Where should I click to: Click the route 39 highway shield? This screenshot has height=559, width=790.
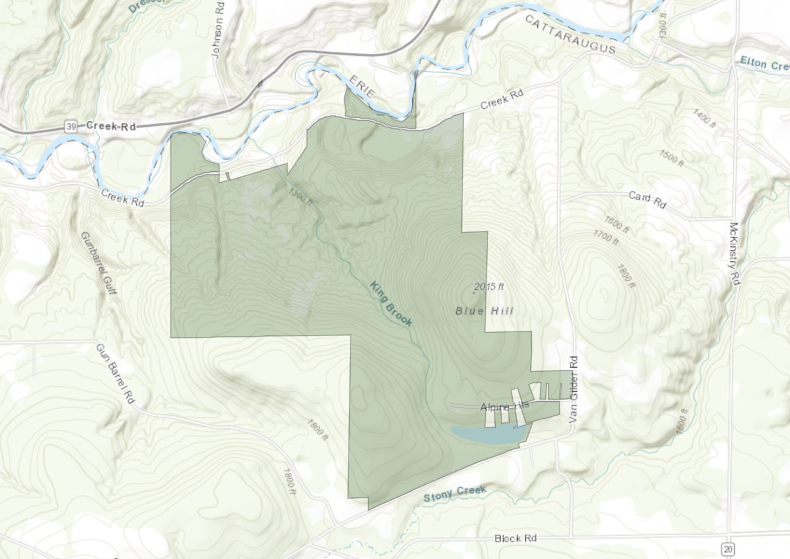click(71, 126)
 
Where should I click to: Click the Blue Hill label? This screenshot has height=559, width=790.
click(484, 311)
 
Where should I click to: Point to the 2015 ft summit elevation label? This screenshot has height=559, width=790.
click(489, 286)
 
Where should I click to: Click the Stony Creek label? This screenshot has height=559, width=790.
click(455, 493)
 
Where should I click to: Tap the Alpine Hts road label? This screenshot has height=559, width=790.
click(505, 406)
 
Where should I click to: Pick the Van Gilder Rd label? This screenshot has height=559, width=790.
click(574, 390)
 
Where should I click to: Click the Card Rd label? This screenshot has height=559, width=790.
click(647, 199)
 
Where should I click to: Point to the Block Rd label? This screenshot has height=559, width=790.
click(515, 538)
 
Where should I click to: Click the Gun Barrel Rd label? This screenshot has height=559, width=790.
click(115, 374)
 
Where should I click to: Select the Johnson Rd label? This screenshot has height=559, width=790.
click(218, 30)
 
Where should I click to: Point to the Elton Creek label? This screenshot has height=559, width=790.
click(765, 63)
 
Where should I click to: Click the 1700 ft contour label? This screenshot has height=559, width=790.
click(606, 238)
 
